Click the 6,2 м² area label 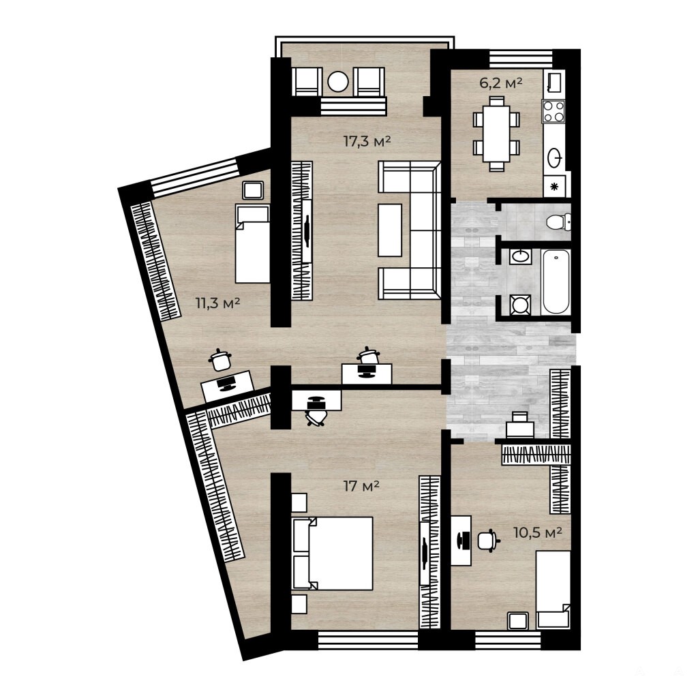tap(500, 82)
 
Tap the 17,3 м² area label tap(367, 142)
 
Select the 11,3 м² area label tap(217, 303)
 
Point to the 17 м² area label tap(361, 486)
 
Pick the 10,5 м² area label tap(537, 532)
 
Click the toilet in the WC tap(558, 222)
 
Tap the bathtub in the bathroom tap(556, 282)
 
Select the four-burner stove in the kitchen tap(553, 111)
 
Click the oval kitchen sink tap(554, 157)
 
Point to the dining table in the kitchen tap(496, 134)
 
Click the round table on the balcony tap(338, 82)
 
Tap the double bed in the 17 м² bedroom tap(332, 553)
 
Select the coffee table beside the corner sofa tap(390, 230)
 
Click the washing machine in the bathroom tap(520, 305)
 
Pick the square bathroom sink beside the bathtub tap(520, 256)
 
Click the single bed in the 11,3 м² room tap(252, 243)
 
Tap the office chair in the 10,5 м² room tap(488, 541)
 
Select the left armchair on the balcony tap(307, 82)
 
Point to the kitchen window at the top tap(521, 59)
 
